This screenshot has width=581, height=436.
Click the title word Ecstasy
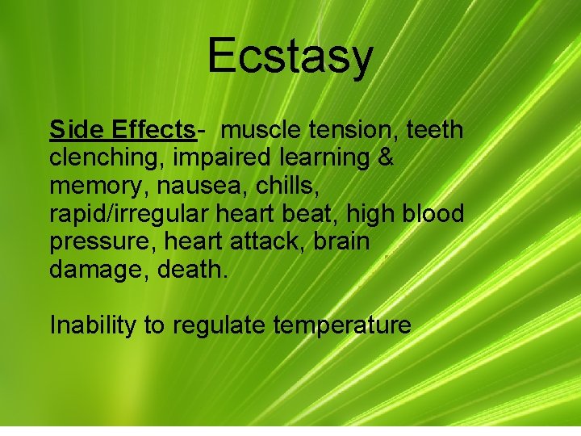click(290, 57)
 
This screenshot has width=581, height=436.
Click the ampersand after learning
click(386, 158)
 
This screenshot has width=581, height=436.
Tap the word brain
click(338, 243)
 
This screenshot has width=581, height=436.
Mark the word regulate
click(218, 326)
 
